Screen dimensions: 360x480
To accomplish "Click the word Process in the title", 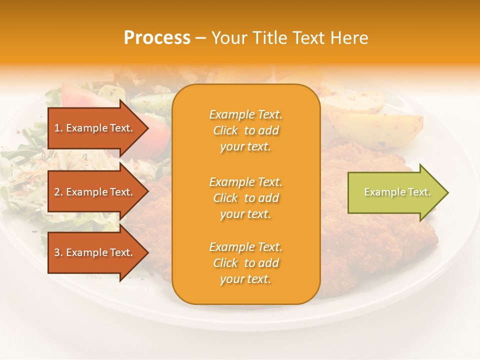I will (x=157, y=38).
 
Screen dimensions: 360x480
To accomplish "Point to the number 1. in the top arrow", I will (x=58, y=128).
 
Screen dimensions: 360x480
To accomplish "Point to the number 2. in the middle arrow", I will (x=58, y=192).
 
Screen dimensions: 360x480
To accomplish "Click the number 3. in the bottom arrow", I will (x=58, y=252).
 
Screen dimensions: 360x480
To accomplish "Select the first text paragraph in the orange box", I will (x=245, y=130).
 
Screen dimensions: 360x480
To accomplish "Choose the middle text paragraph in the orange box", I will (x=245, y=198).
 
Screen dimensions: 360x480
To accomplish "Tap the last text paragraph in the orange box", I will (x=245, y=263).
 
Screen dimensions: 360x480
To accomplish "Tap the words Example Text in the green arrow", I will (x=397, y=192).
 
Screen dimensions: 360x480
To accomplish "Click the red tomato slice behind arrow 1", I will (x=159, y=132).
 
